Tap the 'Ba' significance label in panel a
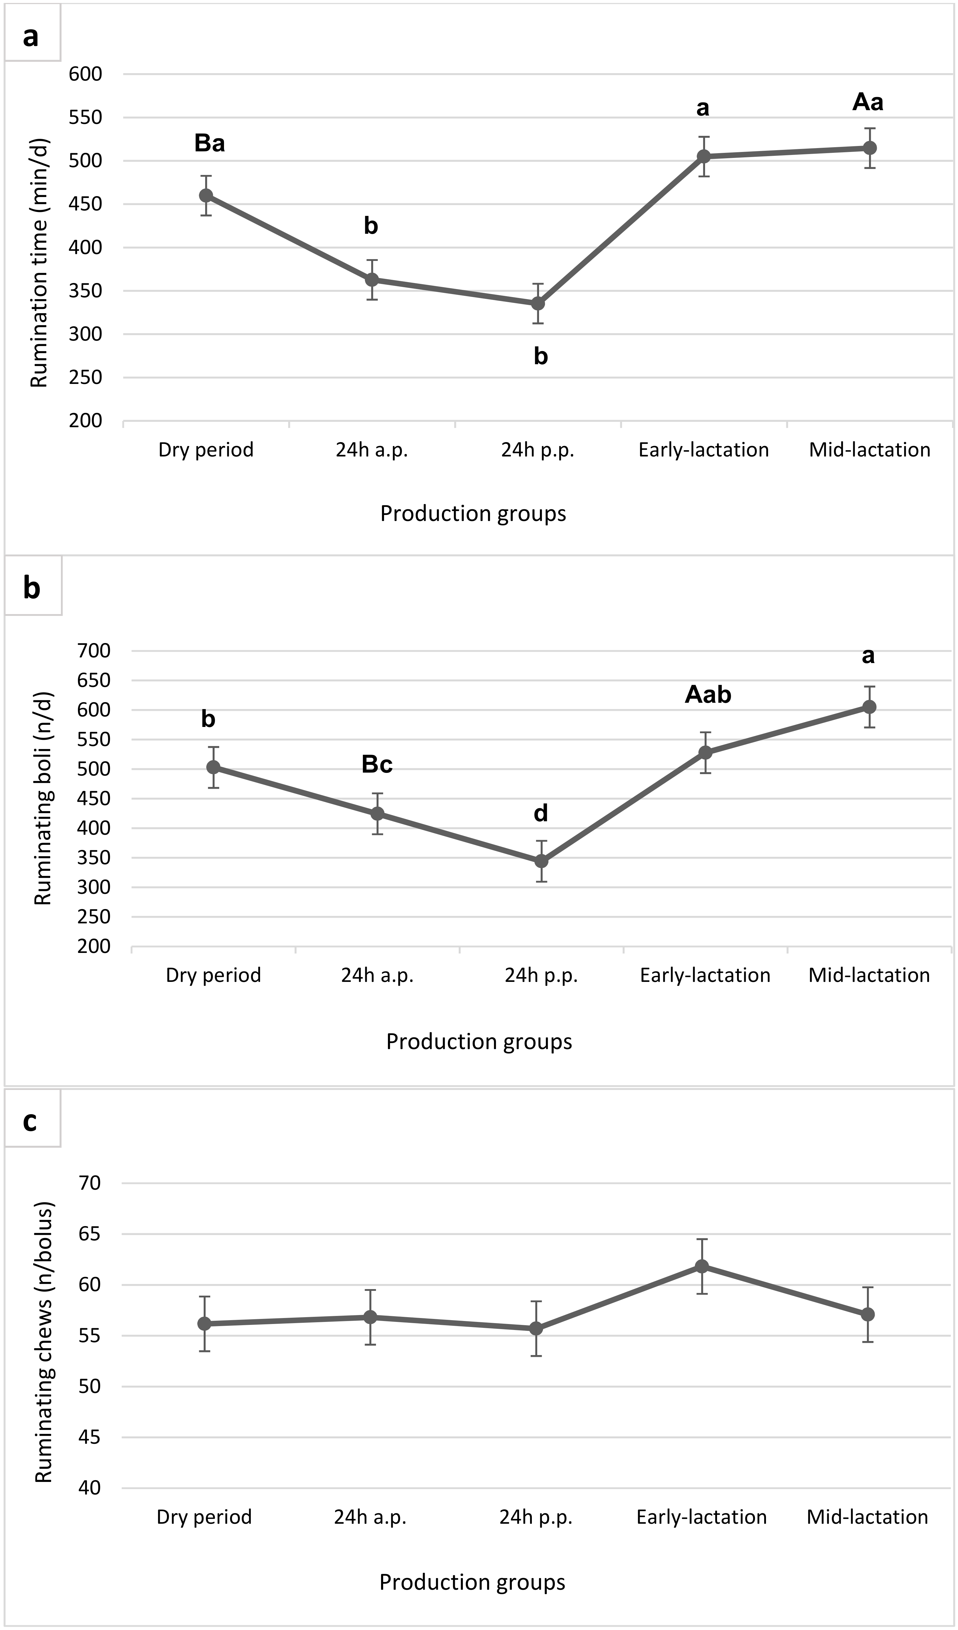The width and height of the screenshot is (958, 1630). tap(210, 143)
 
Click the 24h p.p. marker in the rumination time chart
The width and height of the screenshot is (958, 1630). tap(538, 303)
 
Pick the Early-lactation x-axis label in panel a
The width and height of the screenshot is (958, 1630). tap(704, 450)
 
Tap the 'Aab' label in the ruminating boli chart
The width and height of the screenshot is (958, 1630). tap(708, 695)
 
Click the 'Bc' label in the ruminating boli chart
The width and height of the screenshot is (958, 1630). tap(377, 765)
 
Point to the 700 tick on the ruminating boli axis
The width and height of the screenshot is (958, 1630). tap(94, 651)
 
